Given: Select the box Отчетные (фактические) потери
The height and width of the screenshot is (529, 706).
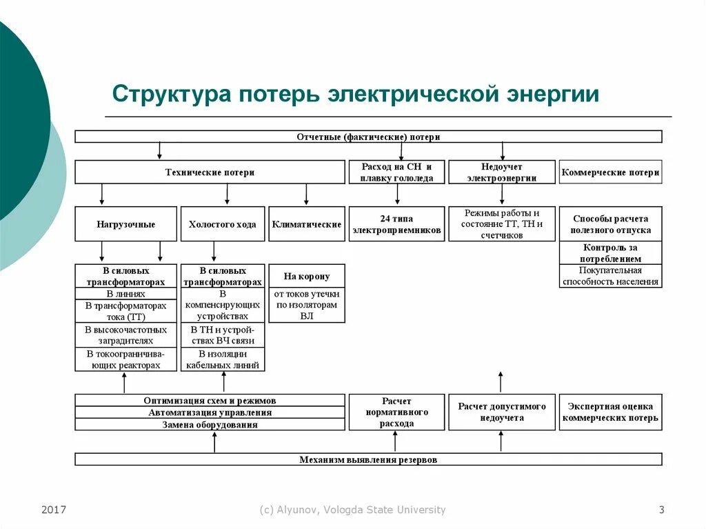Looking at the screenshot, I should pos(368,137).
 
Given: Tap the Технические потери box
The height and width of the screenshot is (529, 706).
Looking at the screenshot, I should pos(210,172).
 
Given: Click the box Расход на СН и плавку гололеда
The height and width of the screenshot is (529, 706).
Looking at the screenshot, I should pos(396,172).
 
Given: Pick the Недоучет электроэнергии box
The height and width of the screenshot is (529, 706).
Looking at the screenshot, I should pos(501,172).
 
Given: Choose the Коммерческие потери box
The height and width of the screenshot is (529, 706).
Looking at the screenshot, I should pos(610,172).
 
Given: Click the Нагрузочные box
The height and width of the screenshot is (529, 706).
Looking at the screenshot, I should pos(125,224).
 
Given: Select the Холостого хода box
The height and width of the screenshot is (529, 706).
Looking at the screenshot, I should pos(222,224).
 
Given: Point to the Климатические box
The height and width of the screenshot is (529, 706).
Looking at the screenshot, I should pos(306,224).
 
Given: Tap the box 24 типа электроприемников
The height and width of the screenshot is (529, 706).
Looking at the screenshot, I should pos(396,224).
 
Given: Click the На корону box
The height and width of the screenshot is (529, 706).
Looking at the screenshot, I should pos(306,277).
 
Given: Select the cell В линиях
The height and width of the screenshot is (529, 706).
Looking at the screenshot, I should pos(125,294).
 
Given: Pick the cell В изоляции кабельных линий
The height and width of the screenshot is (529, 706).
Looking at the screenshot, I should pos(222,359).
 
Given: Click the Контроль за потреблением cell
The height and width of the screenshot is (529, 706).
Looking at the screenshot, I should pos(610,253).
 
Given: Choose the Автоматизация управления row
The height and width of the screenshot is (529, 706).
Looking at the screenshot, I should pos(210,412).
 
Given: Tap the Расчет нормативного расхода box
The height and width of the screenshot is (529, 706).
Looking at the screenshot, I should pos(396,412).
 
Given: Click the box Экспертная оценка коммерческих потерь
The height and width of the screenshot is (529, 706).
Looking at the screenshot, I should pos(610,412).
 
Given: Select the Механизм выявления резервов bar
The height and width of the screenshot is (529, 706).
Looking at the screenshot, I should pos(368,459).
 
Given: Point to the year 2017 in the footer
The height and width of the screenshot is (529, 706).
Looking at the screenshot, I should pos(54,510).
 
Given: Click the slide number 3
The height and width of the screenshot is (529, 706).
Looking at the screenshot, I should pos(661,510).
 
